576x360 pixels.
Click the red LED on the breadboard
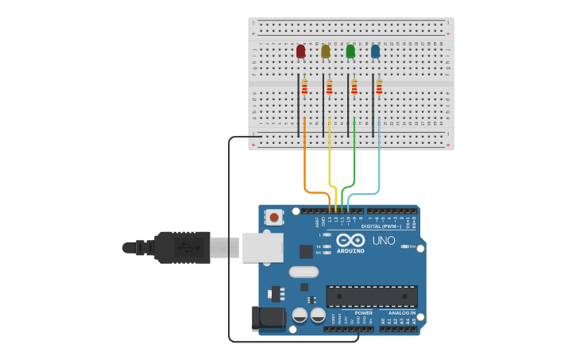300,52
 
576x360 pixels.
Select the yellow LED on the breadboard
325,52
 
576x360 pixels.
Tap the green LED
350,52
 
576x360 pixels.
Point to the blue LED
375,52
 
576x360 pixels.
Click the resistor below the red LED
304,87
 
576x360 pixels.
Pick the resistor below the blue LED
379,87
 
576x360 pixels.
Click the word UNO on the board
384,240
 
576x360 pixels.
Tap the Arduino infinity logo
350,239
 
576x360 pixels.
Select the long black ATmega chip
371,296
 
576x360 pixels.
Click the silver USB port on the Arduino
262,247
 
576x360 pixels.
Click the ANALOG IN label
401,313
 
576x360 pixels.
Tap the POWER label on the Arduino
363,313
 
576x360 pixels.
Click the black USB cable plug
183,247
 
